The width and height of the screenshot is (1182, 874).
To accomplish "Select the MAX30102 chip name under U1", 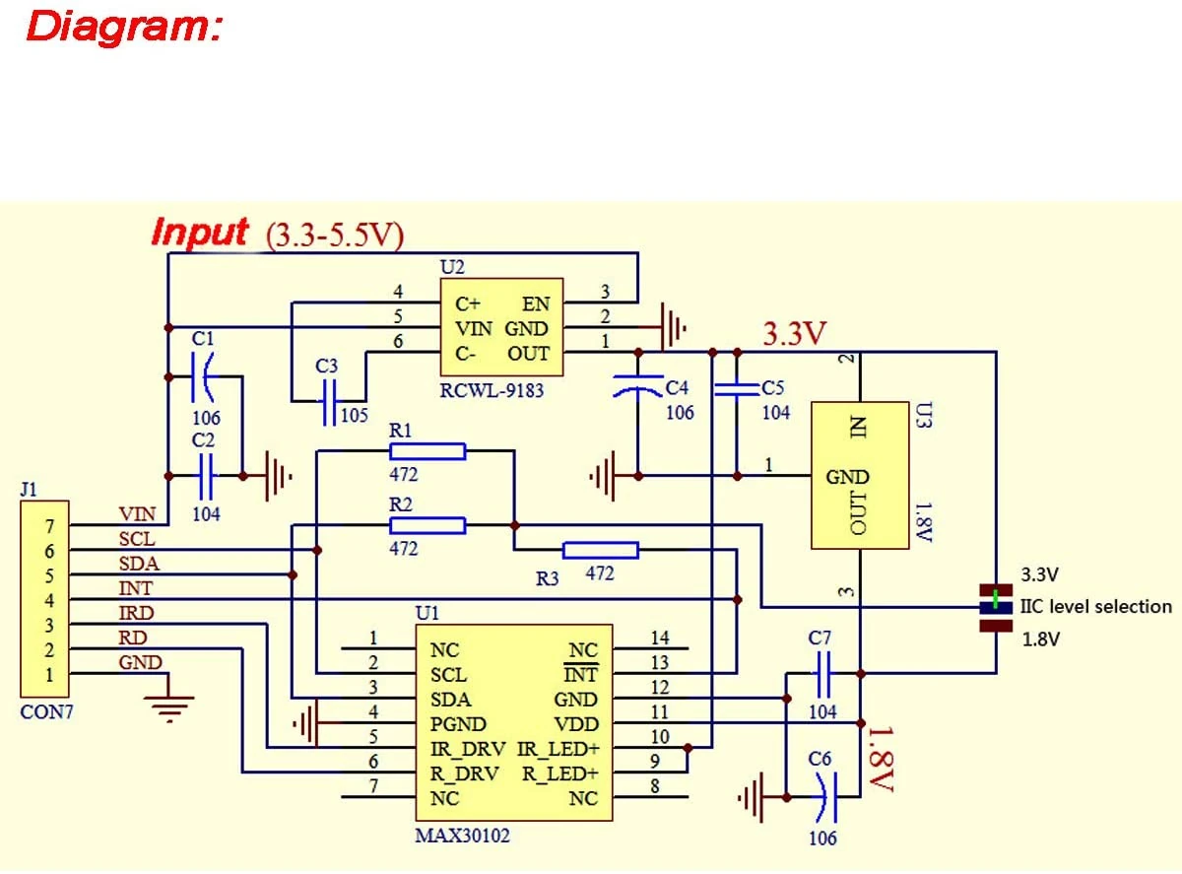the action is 462,835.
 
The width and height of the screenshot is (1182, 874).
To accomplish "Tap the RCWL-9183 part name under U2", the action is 492,391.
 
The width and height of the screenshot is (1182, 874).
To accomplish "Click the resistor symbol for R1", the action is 427,451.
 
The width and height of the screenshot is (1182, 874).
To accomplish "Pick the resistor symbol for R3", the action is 601,550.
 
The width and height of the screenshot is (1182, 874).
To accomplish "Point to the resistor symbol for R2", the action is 427,526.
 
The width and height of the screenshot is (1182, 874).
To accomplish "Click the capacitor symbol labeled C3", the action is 330,402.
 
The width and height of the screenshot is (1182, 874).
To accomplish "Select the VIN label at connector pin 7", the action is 137,514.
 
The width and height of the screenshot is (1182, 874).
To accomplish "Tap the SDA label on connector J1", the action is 139,564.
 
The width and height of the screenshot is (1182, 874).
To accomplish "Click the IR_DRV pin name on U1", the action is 467,749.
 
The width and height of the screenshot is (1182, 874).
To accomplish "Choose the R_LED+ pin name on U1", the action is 560,773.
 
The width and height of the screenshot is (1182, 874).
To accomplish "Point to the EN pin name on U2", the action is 536,303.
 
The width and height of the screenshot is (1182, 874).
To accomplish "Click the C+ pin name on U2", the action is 467,303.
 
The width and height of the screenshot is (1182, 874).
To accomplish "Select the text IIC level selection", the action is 1095,606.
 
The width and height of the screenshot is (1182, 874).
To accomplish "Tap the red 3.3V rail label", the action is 794,333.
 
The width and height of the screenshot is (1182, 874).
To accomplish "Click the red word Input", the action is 199,233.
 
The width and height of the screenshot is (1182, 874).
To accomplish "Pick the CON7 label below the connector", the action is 46,711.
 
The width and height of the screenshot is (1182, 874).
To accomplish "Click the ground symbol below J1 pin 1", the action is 169,705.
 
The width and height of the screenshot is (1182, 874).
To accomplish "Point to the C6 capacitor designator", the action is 820,759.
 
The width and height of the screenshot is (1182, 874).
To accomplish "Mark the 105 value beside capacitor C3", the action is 354,415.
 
